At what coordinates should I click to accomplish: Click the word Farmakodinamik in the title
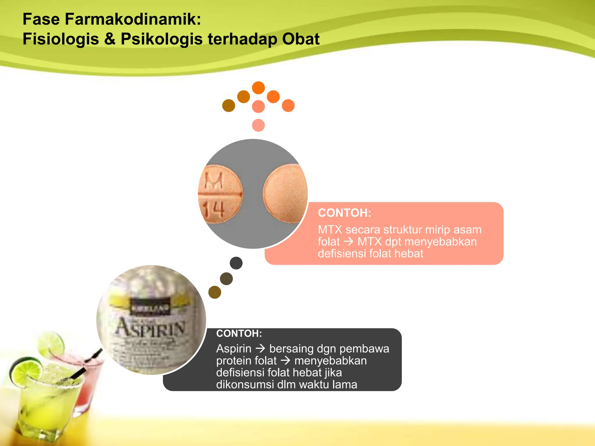coord(132,19)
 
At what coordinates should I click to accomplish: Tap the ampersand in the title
coord(110,39)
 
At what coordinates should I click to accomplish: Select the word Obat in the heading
coord(301,39)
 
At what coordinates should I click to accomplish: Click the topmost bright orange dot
coord(258,88)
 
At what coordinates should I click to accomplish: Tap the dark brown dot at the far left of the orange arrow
coord(229,105)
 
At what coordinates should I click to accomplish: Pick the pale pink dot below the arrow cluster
coord(258,125)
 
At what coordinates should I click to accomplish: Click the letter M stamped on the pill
coord(214,181)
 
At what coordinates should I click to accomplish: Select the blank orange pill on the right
coord(285,194)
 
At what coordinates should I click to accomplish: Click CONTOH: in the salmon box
coord(344,213)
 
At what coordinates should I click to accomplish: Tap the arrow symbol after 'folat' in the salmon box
coord(348,242)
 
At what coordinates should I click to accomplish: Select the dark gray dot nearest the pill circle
coord(236,263)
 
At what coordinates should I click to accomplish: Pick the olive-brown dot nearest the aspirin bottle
coord(215,292)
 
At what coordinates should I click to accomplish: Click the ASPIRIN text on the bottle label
coord(150,328)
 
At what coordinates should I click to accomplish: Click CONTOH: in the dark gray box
coord(239,333)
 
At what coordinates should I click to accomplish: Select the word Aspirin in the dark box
coord(234,348)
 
